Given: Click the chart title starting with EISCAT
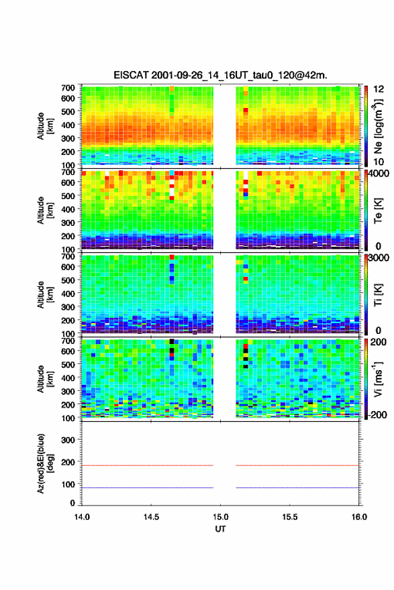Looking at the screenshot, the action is (220, 75).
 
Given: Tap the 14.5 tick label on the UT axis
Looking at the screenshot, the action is (151, 517).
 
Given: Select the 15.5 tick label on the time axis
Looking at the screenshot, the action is (290, 517).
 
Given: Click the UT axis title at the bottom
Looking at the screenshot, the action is (220, 529).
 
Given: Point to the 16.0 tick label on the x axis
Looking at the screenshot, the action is (359, 517).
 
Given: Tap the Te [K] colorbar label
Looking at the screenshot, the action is (378, 211).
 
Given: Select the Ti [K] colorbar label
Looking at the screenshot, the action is (378, 294).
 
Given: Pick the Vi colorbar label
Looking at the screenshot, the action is (378, 379).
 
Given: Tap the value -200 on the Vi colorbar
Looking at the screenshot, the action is (377, 414).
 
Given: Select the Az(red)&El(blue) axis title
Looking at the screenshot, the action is (45, 463).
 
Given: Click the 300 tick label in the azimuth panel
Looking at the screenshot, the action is (68, 440).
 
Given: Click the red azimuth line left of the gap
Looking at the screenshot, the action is (148, 465).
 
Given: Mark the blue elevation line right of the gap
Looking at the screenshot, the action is (297, 487).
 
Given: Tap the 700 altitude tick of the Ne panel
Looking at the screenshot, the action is (68, 88).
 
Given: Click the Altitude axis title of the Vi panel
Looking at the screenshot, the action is (45, 379).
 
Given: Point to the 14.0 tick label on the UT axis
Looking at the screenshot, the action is (82, 517).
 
